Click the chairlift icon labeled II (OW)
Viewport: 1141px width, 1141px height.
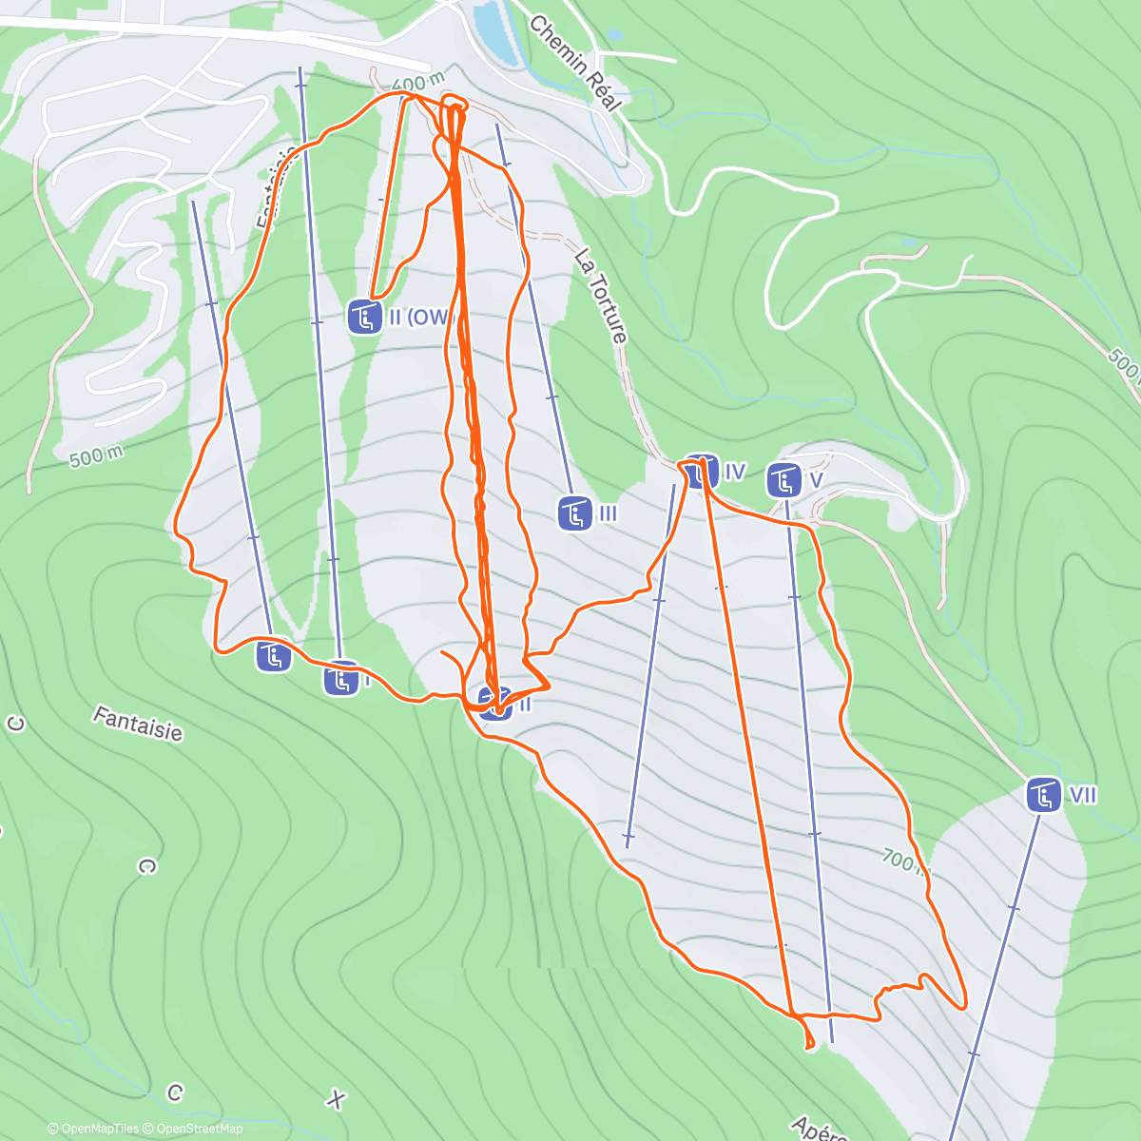tap(364, 318)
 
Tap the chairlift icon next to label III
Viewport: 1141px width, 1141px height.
tap(575, 513)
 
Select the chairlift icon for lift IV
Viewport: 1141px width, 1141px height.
tap(702, 472)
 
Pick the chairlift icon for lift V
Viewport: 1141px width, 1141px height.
tap(783, 480)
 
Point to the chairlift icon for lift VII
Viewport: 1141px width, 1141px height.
tap(1044, 794)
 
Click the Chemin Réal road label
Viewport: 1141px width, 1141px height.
tap(574, 63)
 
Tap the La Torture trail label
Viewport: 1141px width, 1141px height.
tap(601, 296)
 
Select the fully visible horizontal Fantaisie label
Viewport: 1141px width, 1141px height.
tap(137, 723)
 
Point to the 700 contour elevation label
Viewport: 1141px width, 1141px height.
tap(899, 861)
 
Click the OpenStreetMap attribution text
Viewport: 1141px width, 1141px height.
tap(193, 1129)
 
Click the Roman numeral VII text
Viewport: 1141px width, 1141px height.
tap(1083, 794)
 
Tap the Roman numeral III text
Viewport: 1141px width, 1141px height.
tap(609, 514)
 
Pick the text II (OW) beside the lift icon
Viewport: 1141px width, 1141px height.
tap(418, 318)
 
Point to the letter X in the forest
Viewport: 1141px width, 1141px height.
tap(335, 1100)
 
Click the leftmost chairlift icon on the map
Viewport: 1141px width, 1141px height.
tap(273, 656)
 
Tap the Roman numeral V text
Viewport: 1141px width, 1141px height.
tap(815, 480)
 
